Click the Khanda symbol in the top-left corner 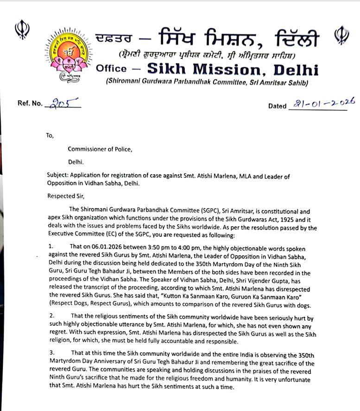tap(22, 29)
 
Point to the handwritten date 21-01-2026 tap(321, 103)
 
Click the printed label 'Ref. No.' tap(30, 103)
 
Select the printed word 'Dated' tap(277, 106)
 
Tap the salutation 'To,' tap(50, 136)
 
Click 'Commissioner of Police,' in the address tap(100, 149)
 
